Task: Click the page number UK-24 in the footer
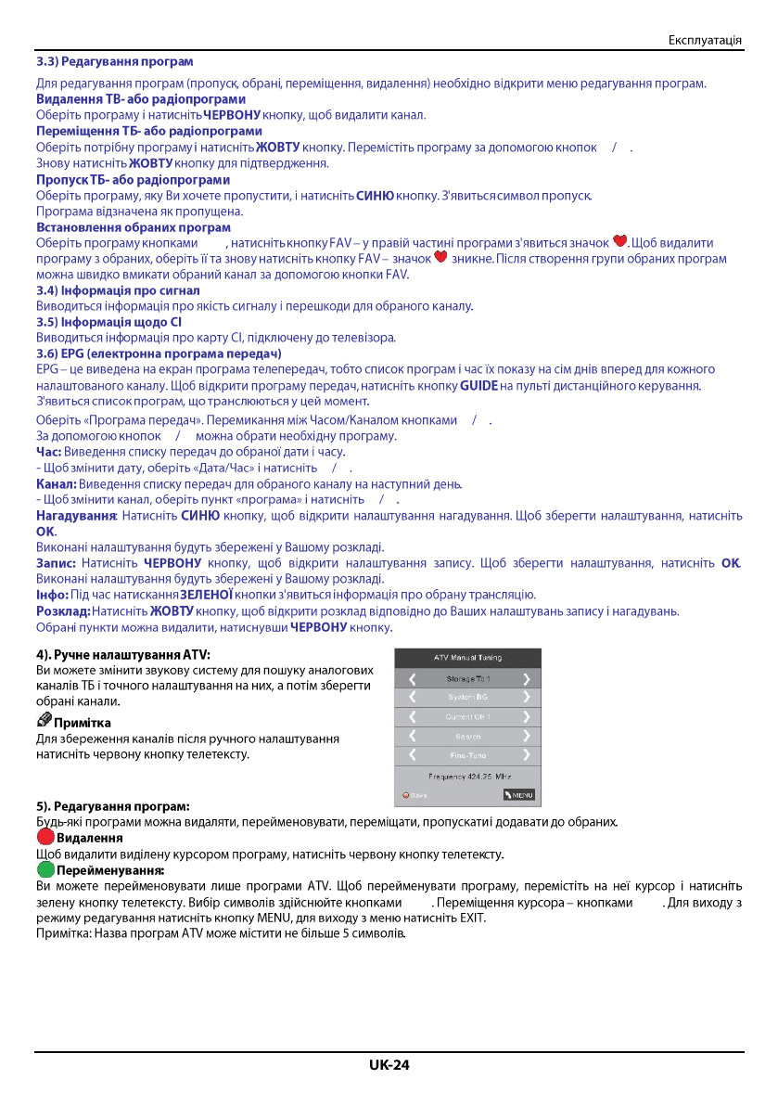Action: click(x=389, y=1064)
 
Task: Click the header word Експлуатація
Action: click(x=705, y=40)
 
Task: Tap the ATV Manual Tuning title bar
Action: click(x=468, y=657)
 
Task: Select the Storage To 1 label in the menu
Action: click(x=467, y=678)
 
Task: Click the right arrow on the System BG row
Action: click(x=527, y=697)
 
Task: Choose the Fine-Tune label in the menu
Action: click(x=467, y=755)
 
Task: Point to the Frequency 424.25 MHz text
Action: click(x=468, y=775)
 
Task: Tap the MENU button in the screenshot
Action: click(x=519, y=794)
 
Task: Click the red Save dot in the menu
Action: click(x=405, y=794)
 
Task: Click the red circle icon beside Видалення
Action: click(x=45, y=837)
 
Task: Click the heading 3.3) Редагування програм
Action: click(x=114, y=61)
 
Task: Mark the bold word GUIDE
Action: click(x=478, y=385)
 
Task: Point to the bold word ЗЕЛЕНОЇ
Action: click(x=207, y=595)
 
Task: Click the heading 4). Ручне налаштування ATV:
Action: click(x=123, y=654)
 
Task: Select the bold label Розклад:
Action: click(x=62, y=611)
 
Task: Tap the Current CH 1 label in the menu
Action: click(x=467, y=716)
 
